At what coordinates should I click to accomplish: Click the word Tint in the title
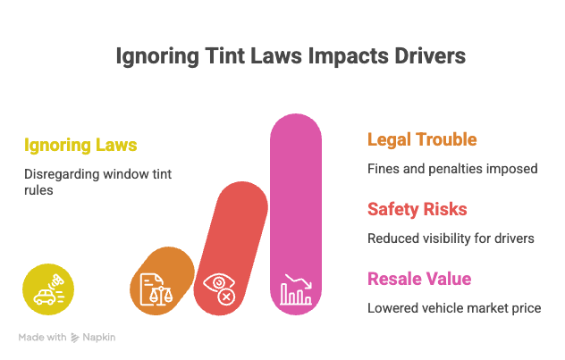tap(224, 56)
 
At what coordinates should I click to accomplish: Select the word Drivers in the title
tap(430, 56)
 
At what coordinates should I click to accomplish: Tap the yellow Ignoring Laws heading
tap(80, 146)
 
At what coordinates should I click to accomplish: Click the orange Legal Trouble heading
tap(422, 139)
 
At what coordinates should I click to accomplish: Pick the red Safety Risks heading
tap(417, 209)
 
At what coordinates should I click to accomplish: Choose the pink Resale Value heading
tap(419, 279)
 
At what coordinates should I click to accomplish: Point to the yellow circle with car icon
tap(48, 289)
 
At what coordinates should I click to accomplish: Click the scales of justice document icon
tap(156, 289)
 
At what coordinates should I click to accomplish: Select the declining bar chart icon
tap(296, 289)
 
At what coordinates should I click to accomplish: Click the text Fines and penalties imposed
tap(452, 169)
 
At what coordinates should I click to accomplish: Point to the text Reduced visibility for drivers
tap(451, 239)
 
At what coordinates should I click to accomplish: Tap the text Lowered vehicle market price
tap(454, 308)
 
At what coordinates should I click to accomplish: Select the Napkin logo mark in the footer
tap(75, 338)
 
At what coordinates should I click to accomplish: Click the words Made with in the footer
tap(43, 338)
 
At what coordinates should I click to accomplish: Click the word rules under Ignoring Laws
tap(38, 190)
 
